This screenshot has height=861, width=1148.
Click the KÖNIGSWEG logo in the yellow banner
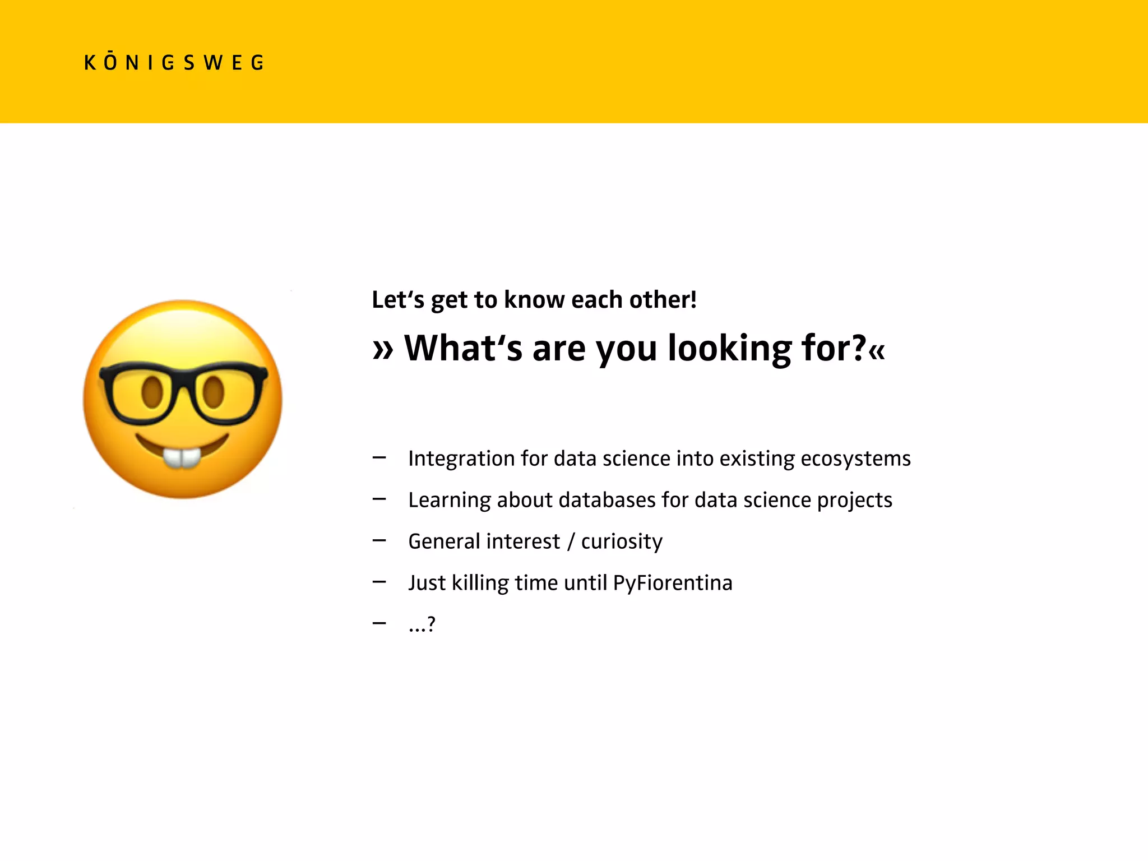[x=174, y=62]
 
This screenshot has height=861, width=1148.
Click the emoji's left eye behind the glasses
[x=152, y=392]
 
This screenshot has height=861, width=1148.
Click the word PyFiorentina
[x=673, y=583]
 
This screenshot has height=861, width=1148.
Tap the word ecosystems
[x=855, y=459]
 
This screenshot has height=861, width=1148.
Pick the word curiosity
[x=622, y=541]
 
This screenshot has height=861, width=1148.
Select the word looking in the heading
[x=729, y=349]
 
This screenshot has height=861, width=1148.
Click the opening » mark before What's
[x=383, y=350]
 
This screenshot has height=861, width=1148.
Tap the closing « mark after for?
[x=877, y=350]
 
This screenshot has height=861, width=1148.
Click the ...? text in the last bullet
[x=422, y=624]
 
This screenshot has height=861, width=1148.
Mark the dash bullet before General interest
[x=379, y=541]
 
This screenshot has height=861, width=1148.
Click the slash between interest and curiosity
[x=571, y=542]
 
